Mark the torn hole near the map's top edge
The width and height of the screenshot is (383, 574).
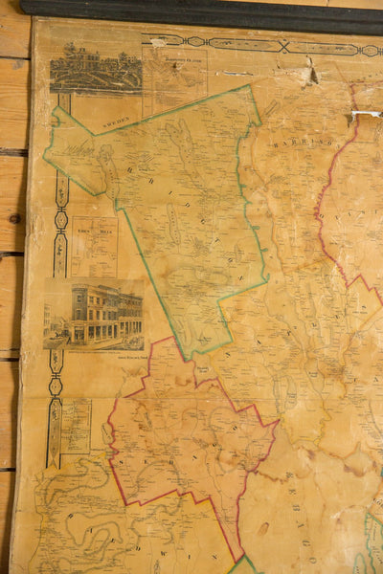tap(310, 71)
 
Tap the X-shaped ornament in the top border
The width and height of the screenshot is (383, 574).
tap(283, 46)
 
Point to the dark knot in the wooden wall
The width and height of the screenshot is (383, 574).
tap(14, 218)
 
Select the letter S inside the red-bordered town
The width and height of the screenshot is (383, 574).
tap(124, 463)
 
